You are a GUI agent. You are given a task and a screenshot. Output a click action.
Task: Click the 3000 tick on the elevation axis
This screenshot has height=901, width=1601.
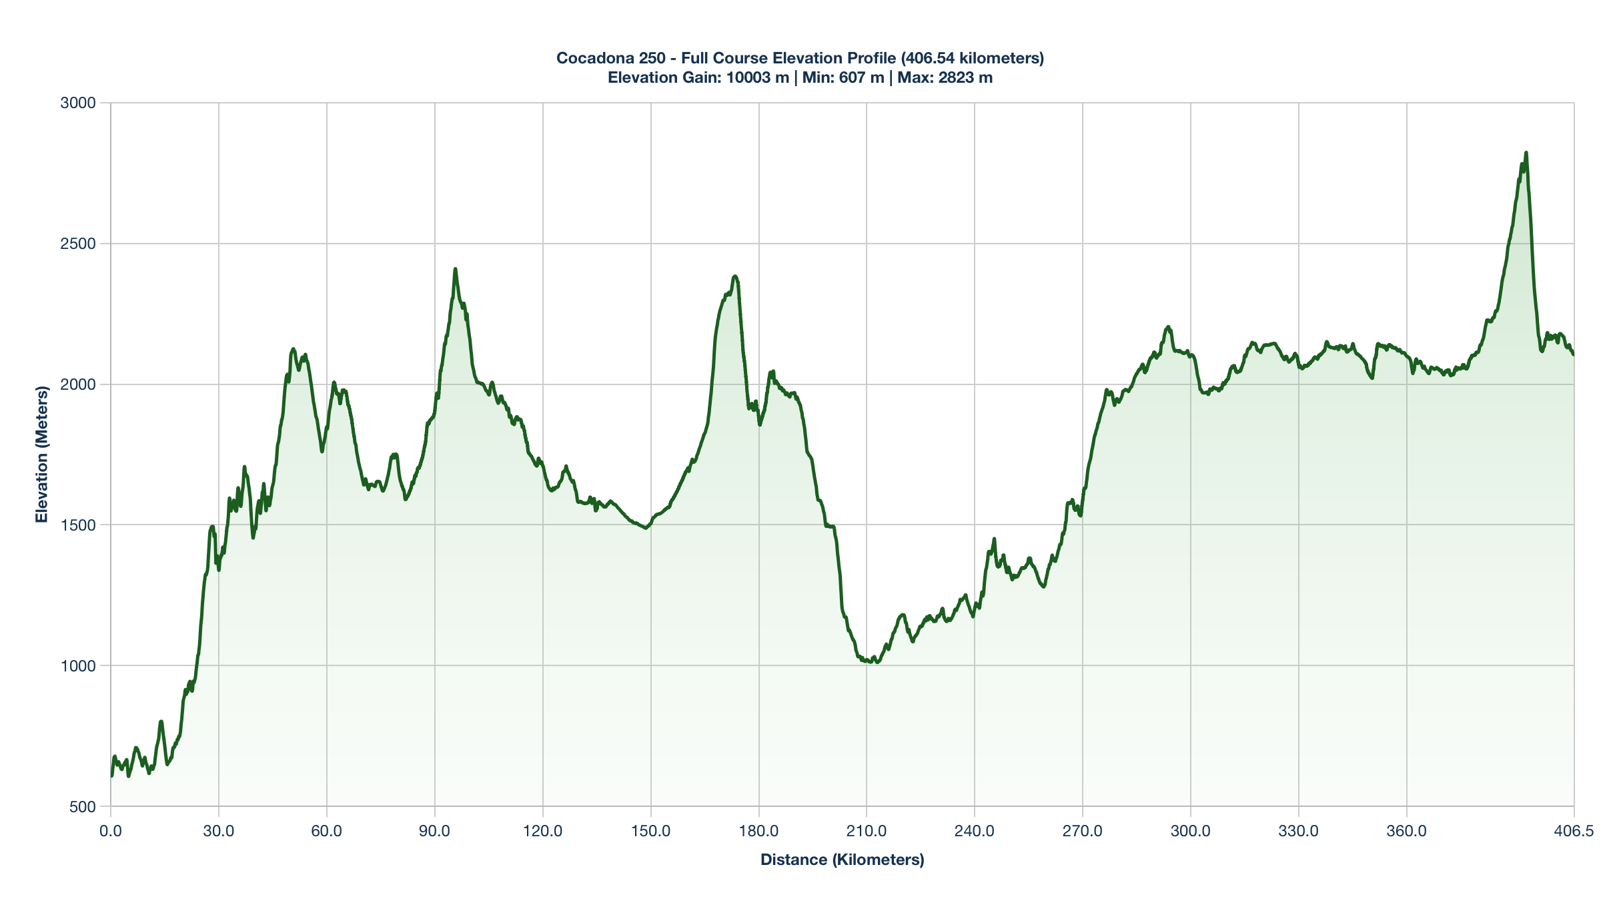[78, 103]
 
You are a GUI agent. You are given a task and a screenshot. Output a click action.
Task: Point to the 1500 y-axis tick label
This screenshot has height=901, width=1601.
[78, 525]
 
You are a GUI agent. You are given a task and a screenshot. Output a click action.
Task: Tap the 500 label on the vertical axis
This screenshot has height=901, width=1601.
[82, 807]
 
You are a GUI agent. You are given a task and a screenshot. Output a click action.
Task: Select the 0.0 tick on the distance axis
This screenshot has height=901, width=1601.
[111, 832]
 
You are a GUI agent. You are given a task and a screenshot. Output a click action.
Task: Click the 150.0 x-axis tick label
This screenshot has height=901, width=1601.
[651, 832]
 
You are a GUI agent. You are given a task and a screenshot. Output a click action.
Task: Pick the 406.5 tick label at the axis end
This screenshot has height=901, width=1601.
[1574, 832]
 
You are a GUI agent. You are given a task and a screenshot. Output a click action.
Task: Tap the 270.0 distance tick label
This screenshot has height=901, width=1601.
[1083, 832]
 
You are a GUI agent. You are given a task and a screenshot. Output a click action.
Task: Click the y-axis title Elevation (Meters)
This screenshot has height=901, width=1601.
[42, 455]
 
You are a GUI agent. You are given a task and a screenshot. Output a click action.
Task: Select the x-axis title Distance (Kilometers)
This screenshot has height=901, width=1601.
[842, 860]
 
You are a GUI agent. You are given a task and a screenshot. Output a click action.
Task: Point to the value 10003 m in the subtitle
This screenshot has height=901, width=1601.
[757, 77]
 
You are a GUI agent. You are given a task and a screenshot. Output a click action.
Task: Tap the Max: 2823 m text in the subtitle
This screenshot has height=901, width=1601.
[945, 77]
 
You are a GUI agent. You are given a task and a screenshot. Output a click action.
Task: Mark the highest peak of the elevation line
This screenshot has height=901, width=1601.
[1526, 153]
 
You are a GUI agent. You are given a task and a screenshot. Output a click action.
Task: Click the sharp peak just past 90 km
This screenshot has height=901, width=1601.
[455, 269]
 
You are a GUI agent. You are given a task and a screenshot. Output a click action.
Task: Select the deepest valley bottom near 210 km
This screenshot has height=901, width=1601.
[877, 662]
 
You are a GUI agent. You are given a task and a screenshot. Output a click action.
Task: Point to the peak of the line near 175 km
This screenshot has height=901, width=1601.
[734, 276]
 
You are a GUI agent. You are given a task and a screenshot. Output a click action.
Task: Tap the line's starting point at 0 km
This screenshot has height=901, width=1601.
[111, 776]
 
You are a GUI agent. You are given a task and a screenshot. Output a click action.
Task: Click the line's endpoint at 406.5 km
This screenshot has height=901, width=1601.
[1573, 354]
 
